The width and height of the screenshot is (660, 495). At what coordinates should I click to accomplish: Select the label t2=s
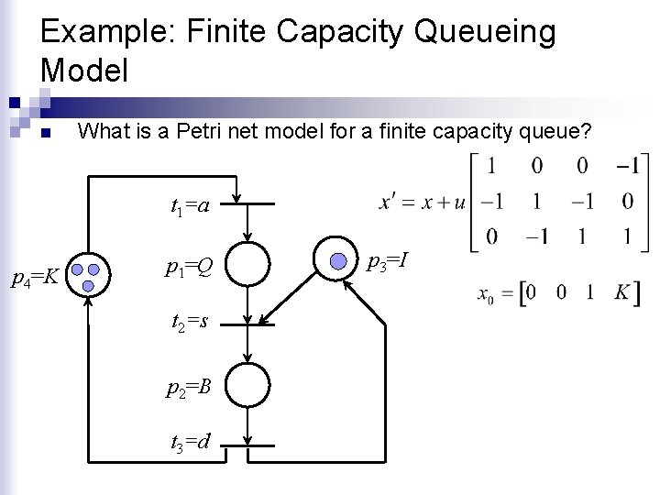[189, 323]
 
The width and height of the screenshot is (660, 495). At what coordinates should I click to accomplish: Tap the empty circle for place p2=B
[248, 382]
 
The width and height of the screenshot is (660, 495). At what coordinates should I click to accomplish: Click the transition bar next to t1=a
[248, 205]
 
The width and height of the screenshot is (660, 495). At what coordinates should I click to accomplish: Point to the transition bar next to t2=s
[248, 322]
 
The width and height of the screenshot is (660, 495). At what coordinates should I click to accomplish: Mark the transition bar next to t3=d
[248, 444]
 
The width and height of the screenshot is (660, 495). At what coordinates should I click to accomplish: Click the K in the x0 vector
[621, 294]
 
